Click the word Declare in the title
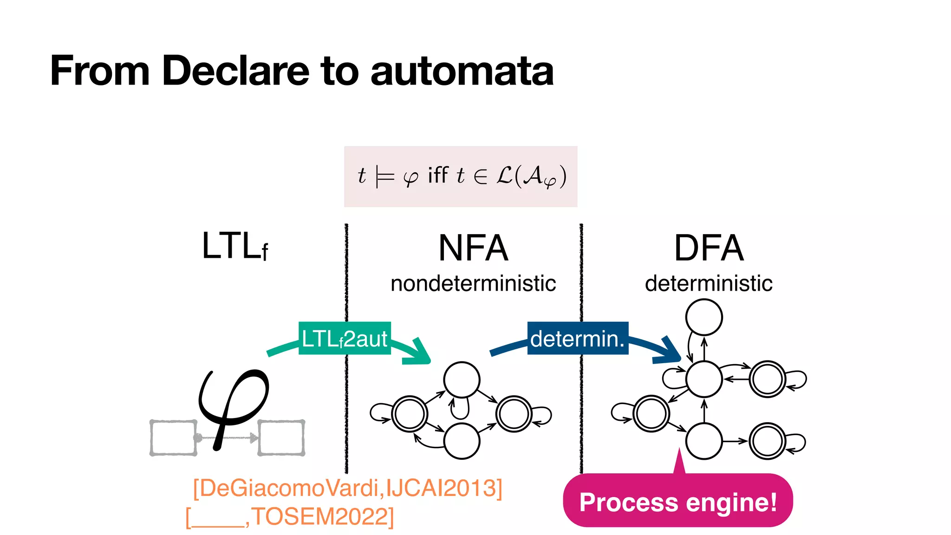pos(235,71)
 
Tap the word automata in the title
pos(462,72)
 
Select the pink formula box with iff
pos(460,176)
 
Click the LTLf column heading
pos(234,246)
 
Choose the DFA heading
pos(709,248)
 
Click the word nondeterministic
pos(473,283)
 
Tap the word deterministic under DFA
pos(709,283)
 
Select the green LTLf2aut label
pos(344,338)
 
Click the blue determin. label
pos(577,338)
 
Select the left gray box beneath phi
pos(173,437)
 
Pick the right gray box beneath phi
pos(281,437)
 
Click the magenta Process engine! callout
pos(677,502)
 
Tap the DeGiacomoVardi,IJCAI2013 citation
pos(347,488)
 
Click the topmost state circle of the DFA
pos(703,317)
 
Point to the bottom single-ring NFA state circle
pos(462,441)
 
